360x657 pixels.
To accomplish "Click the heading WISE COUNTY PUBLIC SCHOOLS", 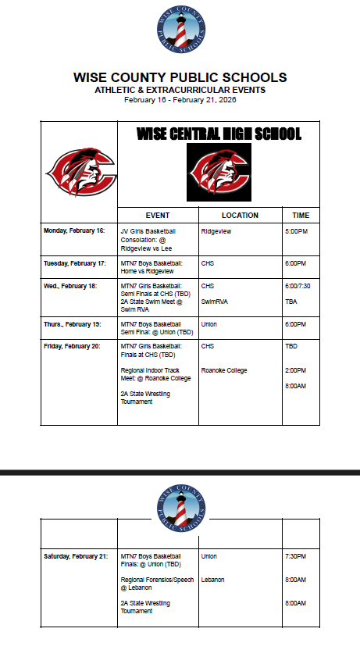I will (180, 77).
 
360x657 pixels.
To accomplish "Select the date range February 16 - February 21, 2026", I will (180, 100).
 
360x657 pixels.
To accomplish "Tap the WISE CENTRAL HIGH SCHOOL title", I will (219, 134).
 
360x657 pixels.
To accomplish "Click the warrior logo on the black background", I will (219, 172).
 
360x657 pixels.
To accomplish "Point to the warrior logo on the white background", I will (80, 168).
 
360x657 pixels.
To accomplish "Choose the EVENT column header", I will (158, 216).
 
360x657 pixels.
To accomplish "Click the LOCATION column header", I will (240, 216).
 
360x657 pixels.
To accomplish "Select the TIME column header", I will (301, 216).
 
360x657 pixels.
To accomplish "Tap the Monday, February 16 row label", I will (74, 231).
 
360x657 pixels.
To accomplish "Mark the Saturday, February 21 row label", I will (76, 556).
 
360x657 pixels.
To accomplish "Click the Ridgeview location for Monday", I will (215, 231).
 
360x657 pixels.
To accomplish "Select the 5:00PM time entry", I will (296, 231).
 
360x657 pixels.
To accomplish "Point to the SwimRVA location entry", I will (214, 302).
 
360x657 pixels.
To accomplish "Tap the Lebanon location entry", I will (212, 580).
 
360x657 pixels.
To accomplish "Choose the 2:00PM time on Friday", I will (296, 370).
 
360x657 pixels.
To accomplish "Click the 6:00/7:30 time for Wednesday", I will (298, 286).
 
